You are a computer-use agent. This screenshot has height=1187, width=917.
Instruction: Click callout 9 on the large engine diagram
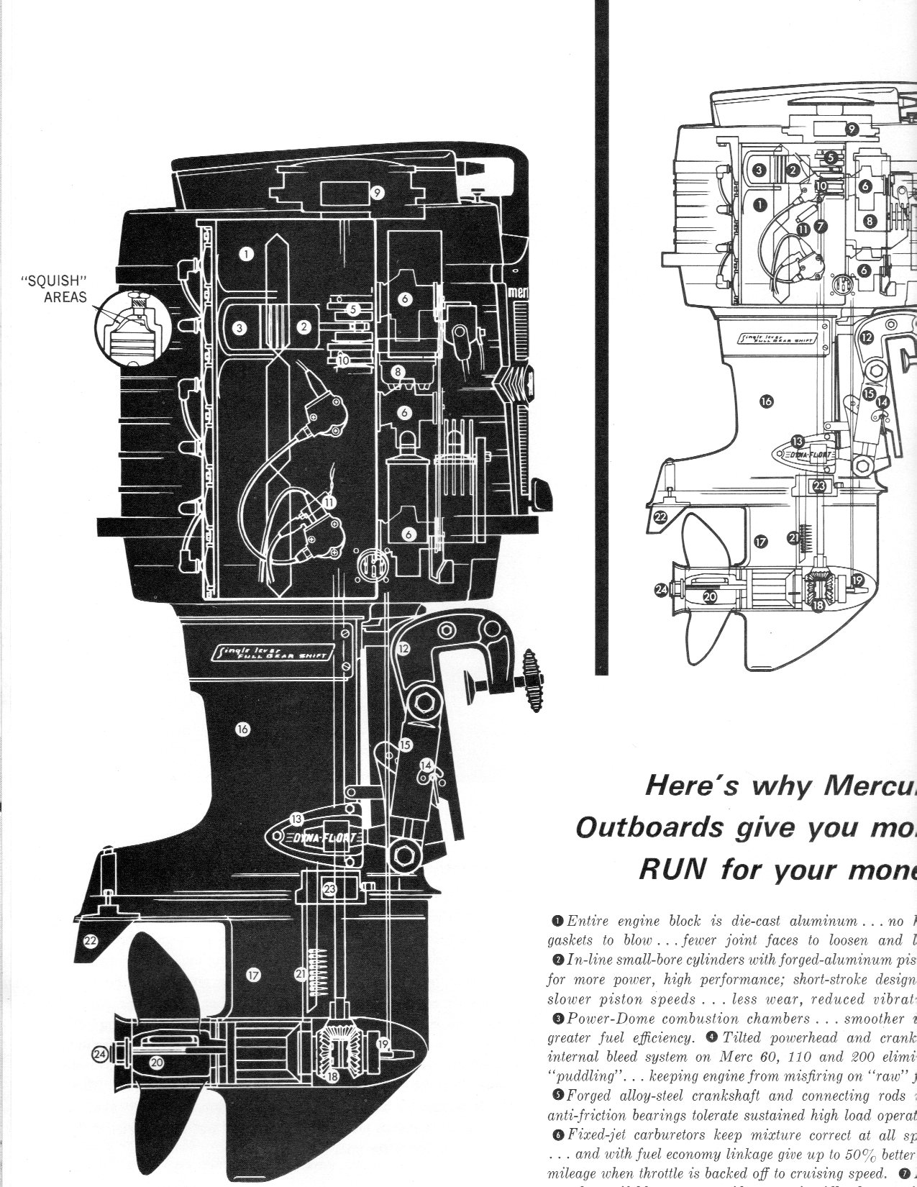[377, 192]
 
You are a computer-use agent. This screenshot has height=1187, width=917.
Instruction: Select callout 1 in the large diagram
[247, 253]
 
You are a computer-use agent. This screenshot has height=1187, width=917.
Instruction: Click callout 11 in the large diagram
[329, 502]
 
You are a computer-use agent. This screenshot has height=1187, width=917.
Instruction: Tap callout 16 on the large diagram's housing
[242, 729]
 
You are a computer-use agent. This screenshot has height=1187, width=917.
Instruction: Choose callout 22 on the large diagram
[90, 940]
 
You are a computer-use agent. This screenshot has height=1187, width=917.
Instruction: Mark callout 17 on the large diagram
[252, 975]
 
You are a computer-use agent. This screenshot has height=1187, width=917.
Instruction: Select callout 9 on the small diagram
[851, 129]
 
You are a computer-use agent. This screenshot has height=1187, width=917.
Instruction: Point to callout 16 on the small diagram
[767, 402]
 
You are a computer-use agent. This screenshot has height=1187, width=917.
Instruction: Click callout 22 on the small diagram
[660, 517]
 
